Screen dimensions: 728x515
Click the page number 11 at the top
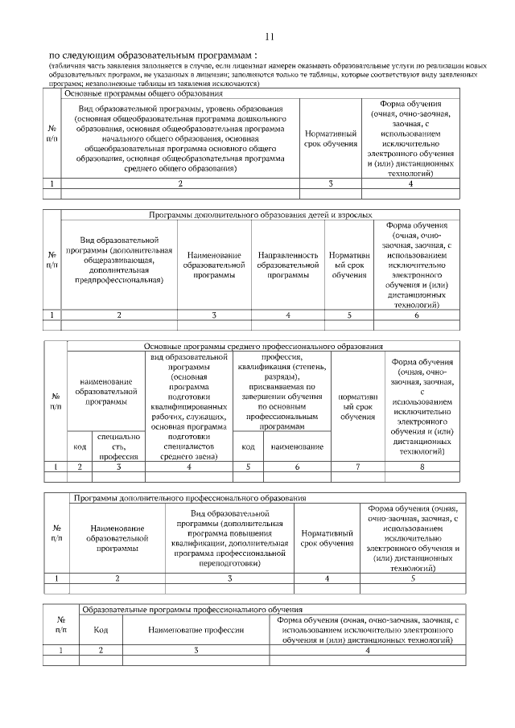[x=269, y=36]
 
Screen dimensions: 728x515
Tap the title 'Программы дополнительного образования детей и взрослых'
[x=261, y=216]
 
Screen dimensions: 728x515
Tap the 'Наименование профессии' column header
[x=196, y=631]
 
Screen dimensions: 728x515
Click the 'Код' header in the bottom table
[x=101, y=631]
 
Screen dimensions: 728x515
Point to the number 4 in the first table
[x=410, y=184]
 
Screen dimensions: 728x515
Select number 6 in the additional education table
[x=417, y=315]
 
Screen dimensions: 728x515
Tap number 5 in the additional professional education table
[x=413, y=578]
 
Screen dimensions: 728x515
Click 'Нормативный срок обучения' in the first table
[x=330, y=138]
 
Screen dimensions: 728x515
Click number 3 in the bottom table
[x=196, y=650]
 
